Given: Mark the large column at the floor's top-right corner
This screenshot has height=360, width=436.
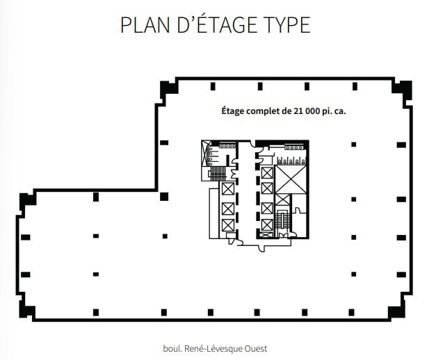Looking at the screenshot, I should (402, 88).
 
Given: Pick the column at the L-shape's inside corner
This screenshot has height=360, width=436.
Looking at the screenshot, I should (164, 196).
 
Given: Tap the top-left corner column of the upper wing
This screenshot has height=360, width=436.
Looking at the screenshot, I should (167, 88).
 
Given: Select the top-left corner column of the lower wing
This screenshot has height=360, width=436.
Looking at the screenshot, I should (27, 199).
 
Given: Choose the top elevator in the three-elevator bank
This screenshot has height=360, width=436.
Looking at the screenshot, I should (227, 188).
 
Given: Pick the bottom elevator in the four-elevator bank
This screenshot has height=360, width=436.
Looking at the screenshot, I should (266, 225).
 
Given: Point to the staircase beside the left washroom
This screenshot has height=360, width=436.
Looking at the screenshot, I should (218, 173).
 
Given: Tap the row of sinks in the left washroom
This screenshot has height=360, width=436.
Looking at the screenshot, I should (226, 147).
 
